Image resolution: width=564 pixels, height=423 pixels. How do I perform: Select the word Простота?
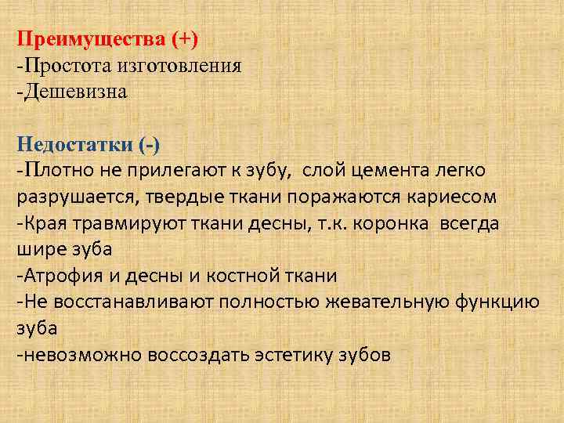click(x=60, y=65)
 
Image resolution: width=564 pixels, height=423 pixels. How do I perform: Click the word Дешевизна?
click(x=74, y=92)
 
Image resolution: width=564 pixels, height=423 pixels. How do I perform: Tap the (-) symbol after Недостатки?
click(x=148, y=145)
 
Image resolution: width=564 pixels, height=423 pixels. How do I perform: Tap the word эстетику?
click(x=289, y=355)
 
